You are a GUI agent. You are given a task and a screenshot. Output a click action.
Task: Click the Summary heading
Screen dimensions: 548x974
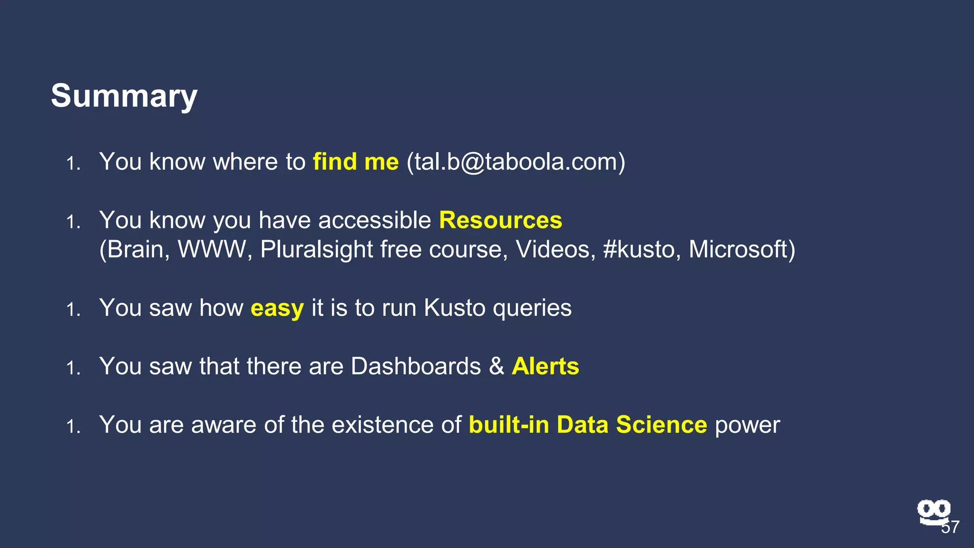pos(124,96)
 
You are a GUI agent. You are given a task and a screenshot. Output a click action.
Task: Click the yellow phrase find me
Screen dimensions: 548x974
pos(355,162)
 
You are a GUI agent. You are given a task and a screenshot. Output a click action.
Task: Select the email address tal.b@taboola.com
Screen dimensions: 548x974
pos(516,162)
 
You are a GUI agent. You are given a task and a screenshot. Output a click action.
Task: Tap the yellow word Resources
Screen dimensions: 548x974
pos(500,220)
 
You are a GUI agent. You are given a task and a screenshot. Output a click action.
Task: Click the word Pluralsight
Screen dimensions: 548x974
pos(316,249)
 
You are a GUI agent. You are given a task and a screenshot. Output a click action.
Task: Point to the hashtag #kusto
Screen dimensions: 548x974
pos(639,249)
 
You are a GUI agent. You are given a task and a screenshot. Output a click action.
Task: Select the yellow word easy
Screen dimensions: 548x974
pos(277,308)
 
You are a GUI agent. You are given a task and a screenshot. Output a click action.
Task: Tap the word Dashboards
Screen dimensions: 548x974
pos(416,366)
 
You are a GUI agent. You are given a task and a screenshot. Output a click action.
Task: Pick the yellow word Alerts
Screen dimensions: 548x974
pos(545,366)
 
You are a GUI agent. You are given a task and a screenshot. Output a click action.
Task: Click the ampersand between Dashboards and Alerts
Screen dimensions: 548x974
pos(496,366)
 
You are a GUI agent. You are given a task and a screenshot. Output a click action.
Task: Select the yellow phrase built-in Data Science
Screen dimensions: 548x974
pos(587,425)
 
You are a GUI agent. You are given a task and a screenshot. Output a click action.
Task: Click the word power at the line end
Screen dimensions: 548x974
pos(747,425)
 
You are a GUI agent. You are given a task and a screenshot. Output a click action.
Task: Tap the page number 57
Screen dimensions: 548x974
pos(950,528)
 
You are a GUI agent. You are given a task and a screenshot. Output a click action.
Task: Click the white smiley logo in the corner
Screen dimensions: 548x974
pos(933,511)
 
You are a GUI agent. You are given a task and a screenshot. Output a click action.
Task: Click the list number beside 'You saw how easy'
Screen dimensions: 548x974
pos(73,310)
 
